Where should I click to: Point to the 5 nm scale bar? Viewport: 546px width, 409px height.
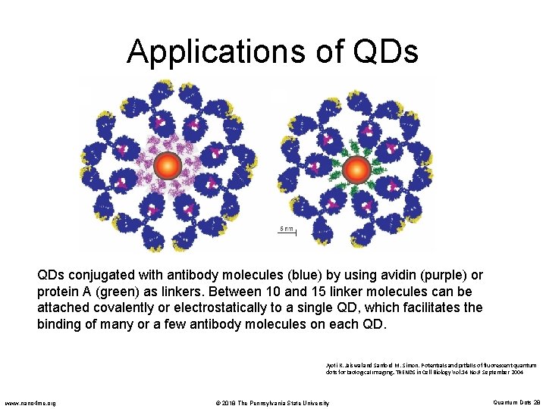tap(285, 232)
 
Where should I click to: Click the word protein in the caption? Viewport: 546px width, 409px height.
tap(59, 292)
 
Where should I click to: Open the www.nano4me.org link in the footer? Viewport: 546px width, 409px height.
tap(30, 402)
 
